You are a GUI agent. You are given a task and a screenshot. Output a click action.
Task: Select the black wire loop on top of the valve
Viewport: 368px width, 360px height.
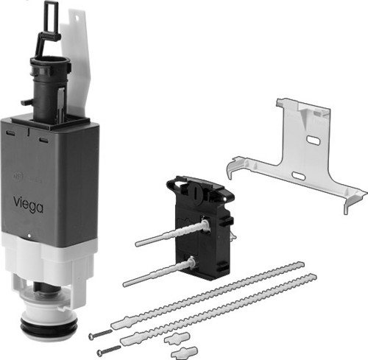pyautogui.click(x=49, y=24)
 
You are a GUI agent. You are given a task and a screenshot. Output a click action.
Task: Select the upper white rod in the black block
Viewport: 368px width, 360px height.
pyautogui.click(x=172, y=233)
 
